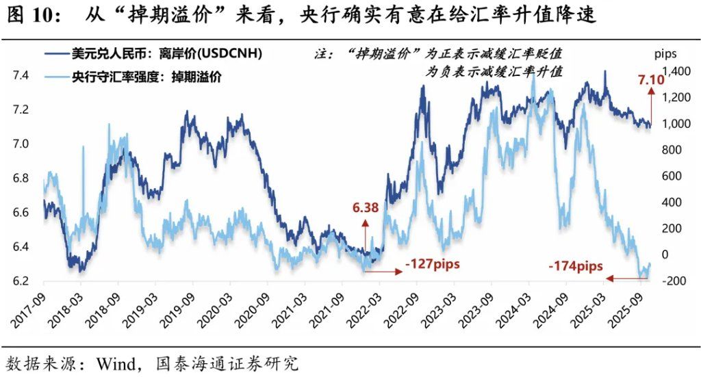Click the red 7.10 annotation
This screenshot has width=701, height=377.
pyautogui.click(x=651, y=81)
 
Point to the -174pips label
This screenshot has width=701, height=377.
pyautogui.click(x=576, y=265)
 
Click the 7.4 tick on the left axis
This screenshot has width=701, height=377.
pyautogui.click(x=22, y=75)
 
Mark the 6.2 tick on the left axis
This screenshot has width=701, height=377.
pyautogui.click(x=22, y=281)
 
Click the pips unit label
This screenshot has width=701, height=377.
pyautogui.click(x=665, y=53)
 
